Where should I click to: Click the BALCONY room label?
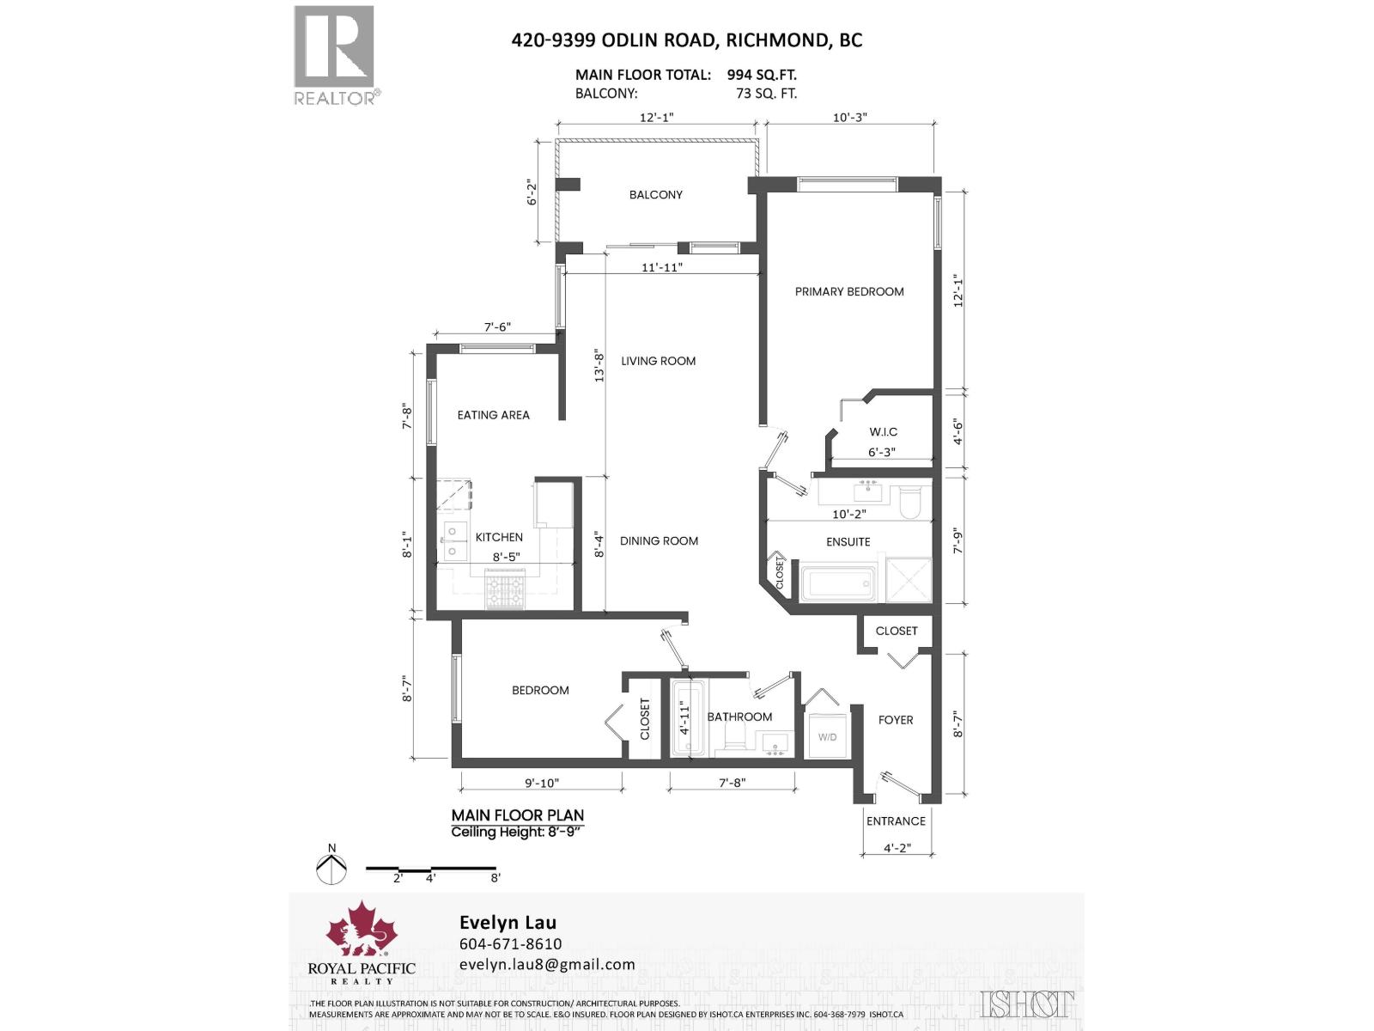[x=655, y=195]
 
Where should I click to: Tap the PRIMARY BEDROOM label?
[x=848, y=292]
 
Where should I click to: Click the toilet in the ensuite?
[x=909, y=503]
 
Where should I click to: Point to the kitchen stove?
[x=506, y=591]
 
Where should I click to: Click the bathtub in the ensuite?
[x=838, y=583]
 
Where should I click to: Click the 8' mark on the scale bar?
[x=495, y=878]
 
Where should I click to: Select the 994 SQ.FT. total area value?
[x=762, y=75]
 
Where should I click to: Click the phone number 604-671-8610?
[x=510, y=944]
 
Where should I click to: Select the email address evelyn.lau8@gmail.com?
[x=547, y=964]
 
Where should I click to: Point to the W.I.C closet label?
[x=883, y=432]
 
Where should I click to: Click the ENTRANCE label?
[x=896, y=821]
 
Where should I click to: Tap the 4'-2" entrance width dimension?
[x=897, y=848]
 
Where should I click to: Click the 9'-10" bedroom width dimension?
[x=541, y=783]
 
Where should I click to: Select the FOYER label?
[x=896, y=720]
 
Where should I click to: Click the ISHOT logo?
[x=1027, y=1004]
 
